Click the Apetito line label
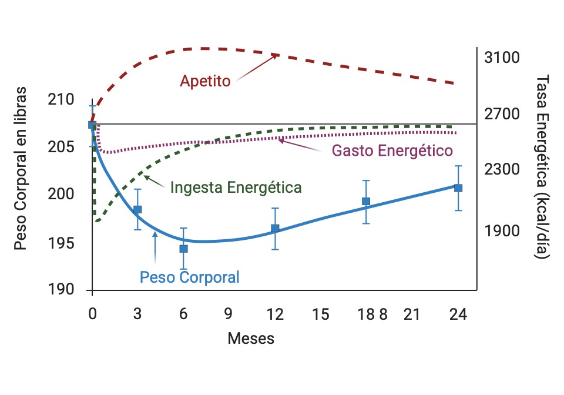coord(205,81)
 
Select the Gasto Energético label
coord(392,150)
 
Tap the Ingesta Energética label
coord(236,188)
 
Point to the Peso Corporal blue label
coord(189,276)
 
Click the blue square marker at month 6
coord(183,249)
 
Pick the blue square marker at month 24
coord(458,188)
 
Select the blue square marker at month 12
coord(275,228)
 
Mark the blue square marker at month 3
coord(137,209)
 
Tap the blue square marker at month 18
coord(366,201)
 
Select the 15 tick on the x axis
coord(320,314)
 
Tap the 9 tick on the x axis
coord(229,314)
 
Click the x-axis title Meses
coord(251,339)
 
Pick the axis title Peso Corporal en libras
coord(21,168)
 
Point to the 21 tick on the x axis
coord(412,314)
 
